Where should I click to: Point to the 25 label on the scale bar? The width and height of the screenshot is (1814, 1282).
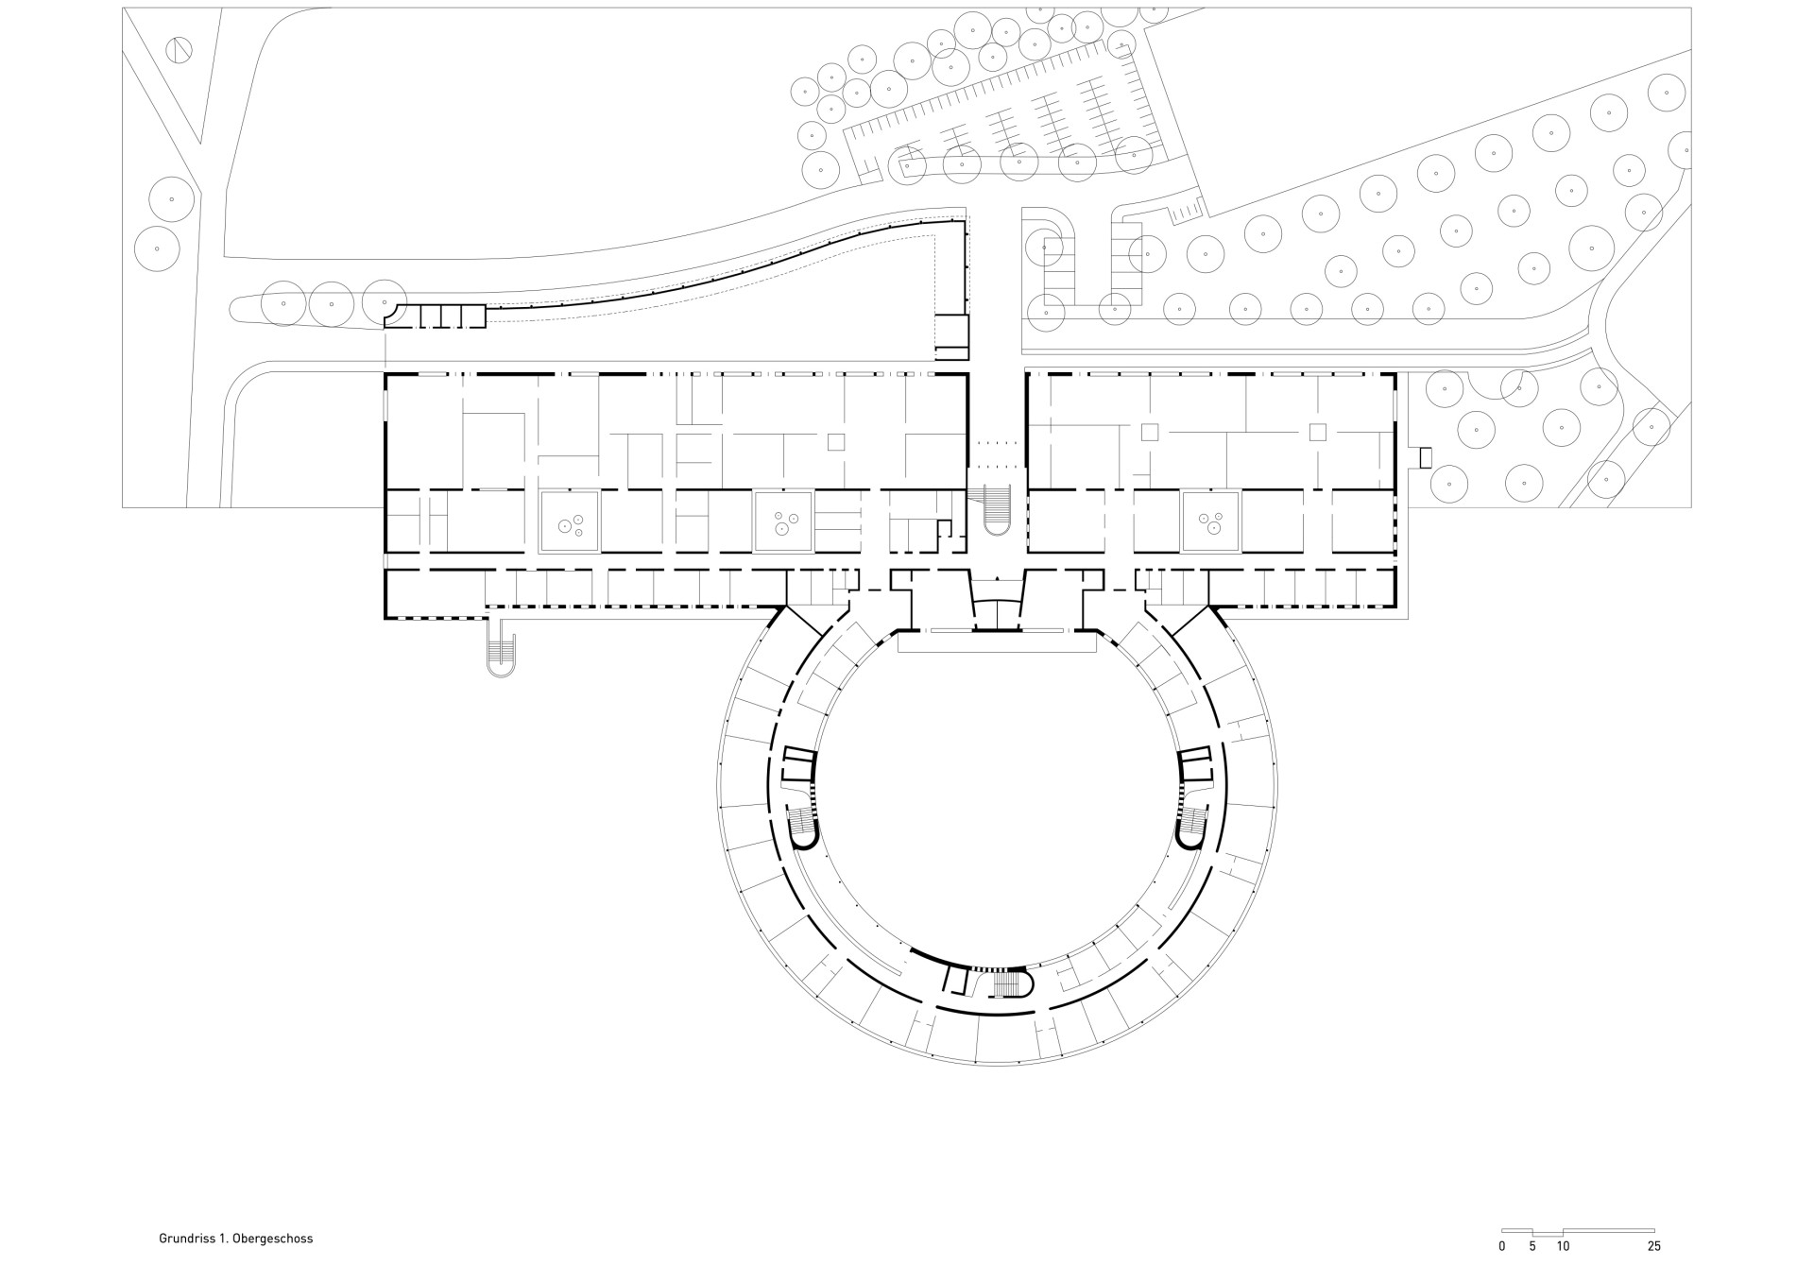[x=1653, y=1247]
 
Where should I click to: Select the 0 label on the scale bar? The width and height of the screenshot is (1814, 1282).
[x=1502, y=1247]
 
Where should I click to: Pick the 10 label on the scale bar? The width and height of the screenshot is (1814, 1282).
[x=1563, y=1247]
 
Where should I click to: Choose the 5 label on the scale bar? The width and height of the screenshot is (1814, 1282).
[x=1532, y=1247]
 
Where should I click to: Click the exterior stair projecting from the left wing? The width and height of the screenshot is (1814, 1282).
[x=502, y=650]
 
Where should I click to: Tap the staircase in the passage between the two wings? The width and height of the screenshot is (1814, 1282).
[x=997, y=510]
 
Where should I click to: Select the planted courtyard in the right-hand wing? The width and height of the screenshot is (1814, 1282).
[x=1211, y=521]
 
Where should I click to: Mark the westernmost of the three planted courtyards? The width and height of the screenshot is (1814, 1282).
[x=569, y=521]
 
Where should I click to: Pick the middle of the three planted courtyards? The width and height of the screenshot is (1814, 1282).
[x=784, y=521]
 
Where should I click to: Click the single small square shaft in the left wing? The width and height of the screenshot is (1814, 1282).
[x=835, y=442]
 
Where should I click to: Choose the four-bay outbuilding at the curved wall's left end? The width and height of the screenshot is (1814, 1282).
[x=436, y=316]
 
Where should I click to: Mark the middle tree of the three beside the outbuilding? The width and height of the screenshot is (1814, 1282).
[x=332, y=304]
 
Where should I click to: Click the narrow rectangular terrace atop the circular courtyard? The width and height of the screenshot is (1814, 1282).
[x=997, y=642]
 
